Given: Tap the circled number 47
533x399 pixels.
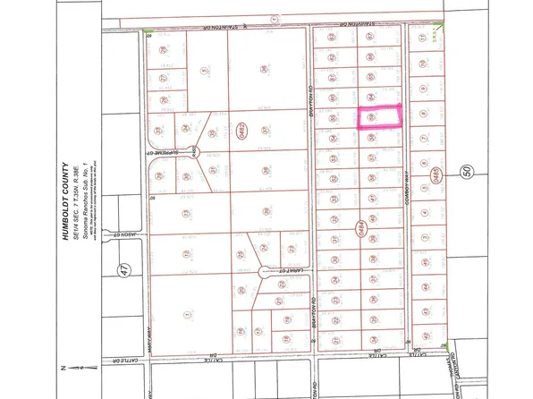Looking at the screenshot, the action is pos(123,267).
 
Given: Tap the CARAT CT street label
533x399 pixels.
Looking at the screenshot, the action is pos(275,273).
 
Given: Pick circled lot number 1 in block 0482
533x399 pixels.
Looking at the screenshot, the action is pos(186,314).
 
